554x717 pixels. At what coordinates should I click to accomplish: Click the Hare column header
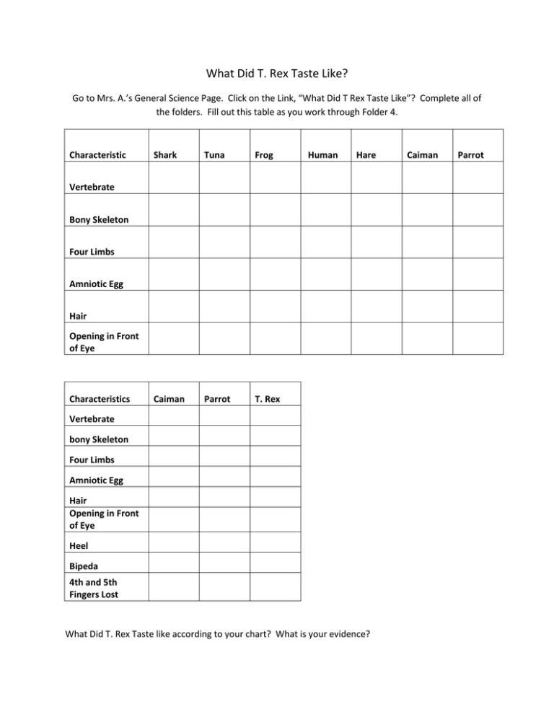(366, 154)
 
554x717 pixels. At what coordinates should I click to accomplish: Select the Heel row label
(80, 546)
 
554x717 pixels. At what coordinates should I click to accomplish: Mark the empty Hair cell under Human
(326, 307)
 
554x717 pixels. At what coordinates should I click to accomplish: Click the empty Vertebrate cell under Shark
(174, 177)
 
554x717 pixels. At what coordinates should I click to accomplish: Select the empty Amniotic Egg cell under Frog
(275, 274)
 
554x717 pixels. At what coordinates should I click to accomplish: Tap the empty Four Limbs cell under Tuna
(224, 242)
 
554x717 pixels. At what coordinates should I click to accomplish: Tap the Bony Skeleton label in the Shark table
(99, 219)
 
